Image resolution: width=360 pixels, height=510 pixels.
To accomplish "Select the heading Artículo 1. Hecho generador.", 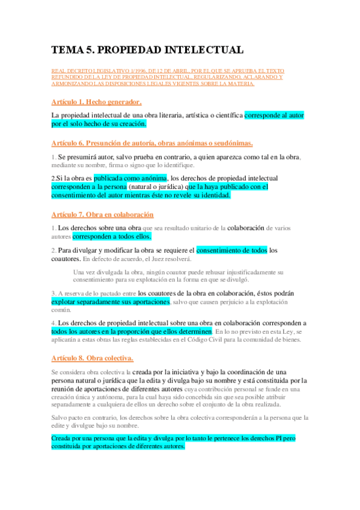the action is coord(96,102).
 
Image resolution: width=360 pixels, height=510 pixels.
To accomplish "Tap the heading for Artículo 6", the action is coord(151,143).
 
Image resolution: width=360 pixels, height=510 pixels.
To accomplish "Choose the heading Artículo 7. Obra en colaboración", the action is coord(102,214).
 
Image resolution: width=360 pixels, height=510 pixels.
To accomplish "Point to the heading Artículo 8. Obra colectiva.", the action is coord(92,358).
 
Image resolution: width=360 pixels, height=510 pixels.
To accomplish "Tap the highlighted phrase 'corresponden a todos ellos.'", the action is coord(112,236).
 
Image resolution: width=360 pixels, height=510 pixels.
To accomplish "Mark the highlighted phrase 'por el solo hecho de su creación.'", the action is coord(99,123).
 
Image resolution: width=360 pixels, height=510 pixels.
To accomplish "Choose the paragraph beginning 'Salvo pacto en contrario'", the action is coord(180,421).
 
